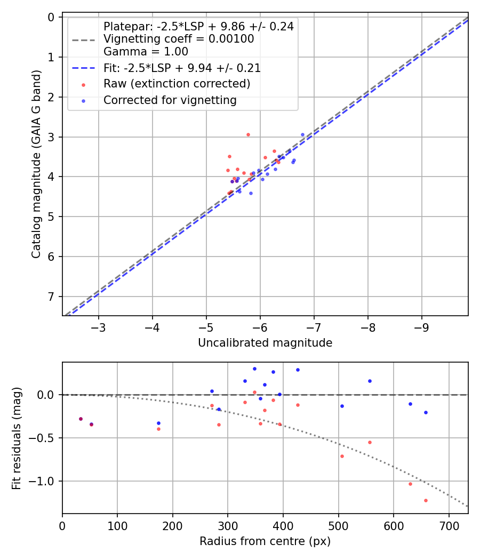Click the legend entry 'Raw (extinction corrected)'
point(177,84)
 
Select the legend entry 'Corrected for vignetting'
point(170,100)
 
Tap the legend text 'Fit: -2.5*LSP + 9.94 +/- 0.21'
point(182,68)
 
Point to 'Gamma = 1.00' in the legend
point(146,52)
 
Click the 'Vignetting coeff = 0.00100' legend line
point(179,39)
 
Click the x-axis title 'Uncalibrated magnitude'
point(265,343)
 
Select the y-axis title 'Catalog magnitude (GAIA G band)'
point(36,166)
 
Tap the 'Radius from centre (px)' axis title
point(265,541)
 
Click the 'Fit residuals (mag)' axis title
point(17,438)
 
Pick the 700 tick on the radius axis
point(449,524)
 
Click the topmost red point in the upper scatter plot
point(248,134)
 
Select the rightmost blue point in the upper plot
point(302,135)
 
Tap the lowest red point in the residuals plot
point(426,500)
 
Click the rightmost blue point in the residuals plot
point(426,412)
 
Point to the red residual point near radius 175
point(158,429)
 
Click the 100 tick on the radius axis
point(117,524)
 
